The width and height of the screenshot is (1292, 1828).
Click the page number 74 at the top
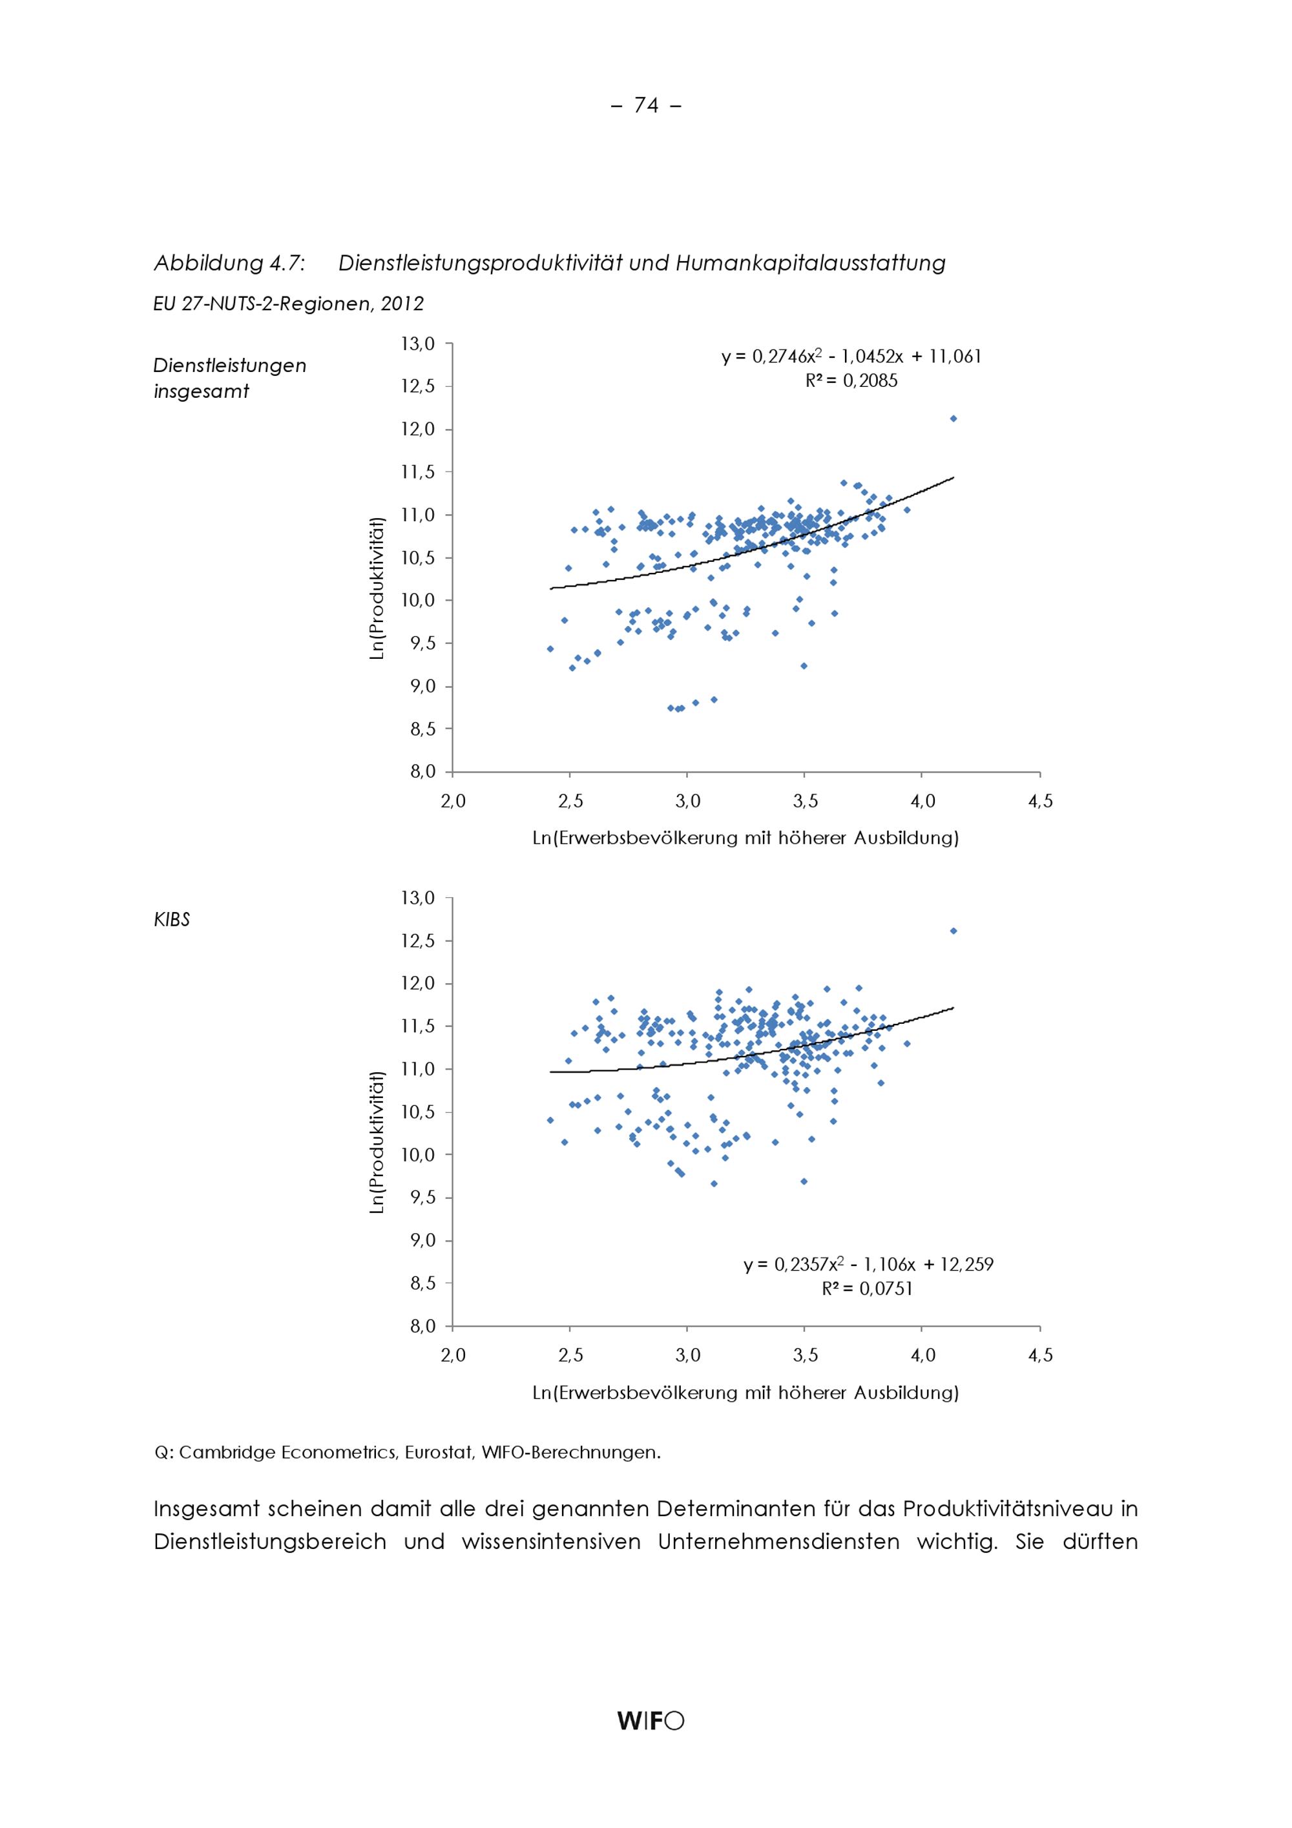pos(645,105)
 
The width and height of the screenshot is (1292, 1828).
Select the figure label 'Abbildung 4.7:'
pos(229,263)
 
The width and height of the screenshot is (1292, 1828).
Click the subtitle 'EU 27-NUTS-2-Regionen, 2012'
pos(288,304)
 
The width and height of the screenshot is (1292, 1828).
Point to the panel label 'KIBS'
pos(172,920)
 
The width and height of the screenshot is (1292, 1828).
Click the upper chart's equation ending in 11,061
pos(851,357)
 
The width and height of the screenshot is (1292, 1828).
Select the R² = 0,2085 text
pos(851,381)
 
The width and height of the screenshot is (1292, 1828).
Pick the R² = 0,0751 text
pos(867,1288)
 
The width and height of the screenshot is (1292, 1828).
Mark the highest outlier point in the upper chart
pos(953,418)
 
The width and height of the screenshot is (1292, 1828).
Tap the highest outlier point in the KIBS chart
pos(953,930)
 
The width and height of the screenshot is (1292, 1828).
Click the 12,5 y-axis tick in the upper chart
pos(417,387)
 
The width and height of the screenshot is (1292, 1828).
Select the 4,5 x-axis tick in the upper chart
pos(1039,802)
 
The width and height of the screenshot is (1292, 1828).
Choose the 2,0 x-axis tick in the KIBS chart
pos(452,1356)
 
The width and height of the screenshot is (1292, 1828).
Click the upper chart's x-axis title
pos(745,838)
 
